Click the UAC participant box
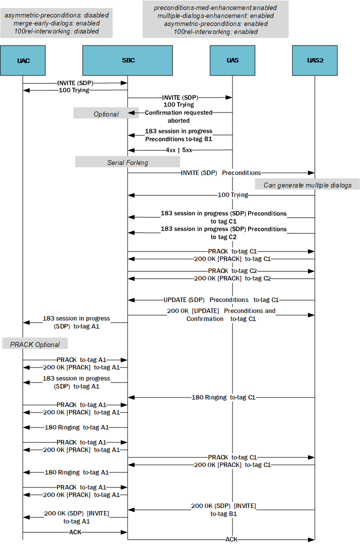pos(23,60)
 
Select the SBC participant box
pos(128,60)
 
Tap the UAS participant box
pos(232,60)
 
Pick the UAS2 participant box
pos(315,60)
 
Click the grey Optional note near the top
pos(106,114)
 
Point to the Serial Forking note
pos(127,162)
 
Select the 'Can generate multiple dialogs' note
pos(307,185)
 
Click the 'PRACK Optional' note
pos(35,344)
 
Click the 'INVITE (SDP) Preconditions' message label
pos(220,173)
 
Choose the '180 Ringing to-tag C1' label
pos(223,397)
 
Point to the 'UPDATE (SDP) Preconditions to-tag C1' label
pos(221,300)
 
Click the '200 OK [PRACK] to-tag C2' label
pos(232,278)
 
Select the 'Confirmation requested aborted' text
pos(178,116)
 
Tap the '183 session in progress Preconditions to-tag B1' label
pos(178,135)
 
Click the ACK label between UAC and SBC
pos(75,532)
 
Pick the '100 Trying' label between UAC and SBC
pos(74,90)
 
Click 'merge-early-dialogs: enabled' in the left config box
pos(56,23)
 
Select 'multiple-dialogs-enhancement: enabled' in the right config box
pos(215,16)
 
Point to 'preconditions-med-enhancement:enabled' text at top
pos(215,8)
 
